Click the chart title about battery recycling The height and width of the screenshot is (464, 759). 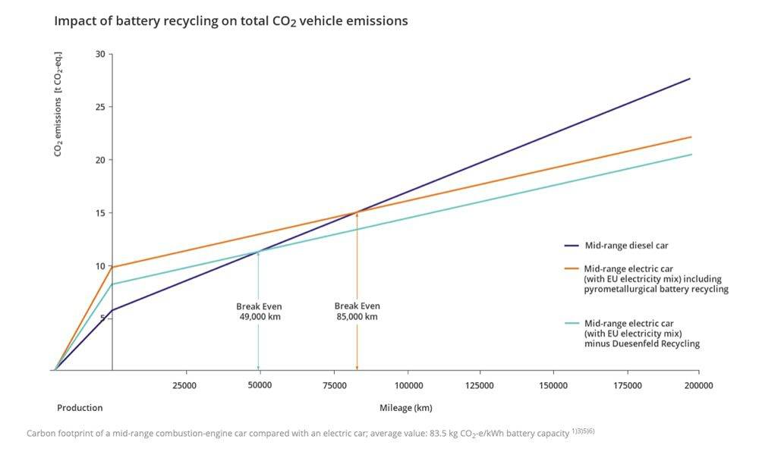[x=231, y=21]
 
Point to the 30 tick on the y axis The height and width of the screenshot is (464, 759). [x=101, y=54]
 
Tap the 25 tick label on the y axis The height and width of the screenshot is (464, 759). [x=101, y=107]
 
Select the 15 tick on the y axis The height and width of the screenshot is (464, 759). [x=101, y=213]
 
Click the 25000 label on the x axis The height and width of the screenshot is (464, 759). [x=185, y=386]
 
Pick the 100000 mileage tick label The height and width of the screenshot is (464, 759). [x=408, y=386]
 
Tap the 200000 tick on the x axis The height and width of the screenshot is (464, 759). [x=698, y=386]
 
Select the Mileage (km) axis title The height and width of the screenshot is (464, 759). [x=406, y=408]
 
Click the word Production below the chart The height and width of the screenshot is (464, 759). [x=80, y=408]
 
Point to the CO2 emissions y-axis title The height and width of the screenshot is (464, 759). [x=58, y=105]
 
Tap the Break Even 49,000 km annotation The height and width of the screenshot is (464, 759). [x=259, y=312]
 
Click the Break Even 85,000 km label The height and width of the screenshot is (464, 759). [x=357, y=311]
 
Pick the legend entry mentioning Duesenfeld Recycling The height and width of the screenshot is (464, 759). [x=642, y=334]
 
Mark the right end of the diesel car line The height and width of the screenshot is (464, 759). [x=689, y=79]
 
